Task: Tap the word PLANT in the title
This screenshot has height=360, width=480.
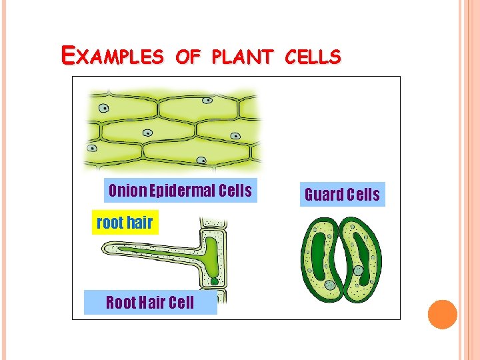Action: click(243, 57)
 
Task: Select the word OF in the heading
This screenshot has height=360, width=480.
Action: click(189, 57)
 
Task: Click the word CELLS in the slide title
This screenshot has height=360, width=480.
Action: click(313, 57)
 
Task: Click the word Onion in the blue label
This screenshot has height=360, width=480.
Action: click(127, 191)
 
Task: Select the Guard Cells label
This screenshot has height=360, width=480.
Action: click(342, 195)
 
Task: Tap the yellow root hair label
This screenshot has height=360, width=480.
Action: click(125, 223)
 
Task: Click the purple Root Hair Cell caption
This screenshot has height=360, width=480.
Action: click(150, 303)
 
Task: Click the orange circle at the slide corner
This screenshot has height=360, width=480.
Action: click(442, 315)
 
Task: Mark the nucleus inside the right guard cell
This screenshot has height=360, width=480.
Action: click(358, 271)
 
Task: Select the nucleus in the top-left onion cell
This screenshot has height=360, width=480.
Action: click(103, 108)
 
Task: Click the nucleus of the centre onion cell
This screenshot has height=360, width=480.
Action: click(147, 133)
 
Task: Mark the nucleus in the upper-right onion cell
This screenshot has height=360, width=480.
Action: click(208, 101)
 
